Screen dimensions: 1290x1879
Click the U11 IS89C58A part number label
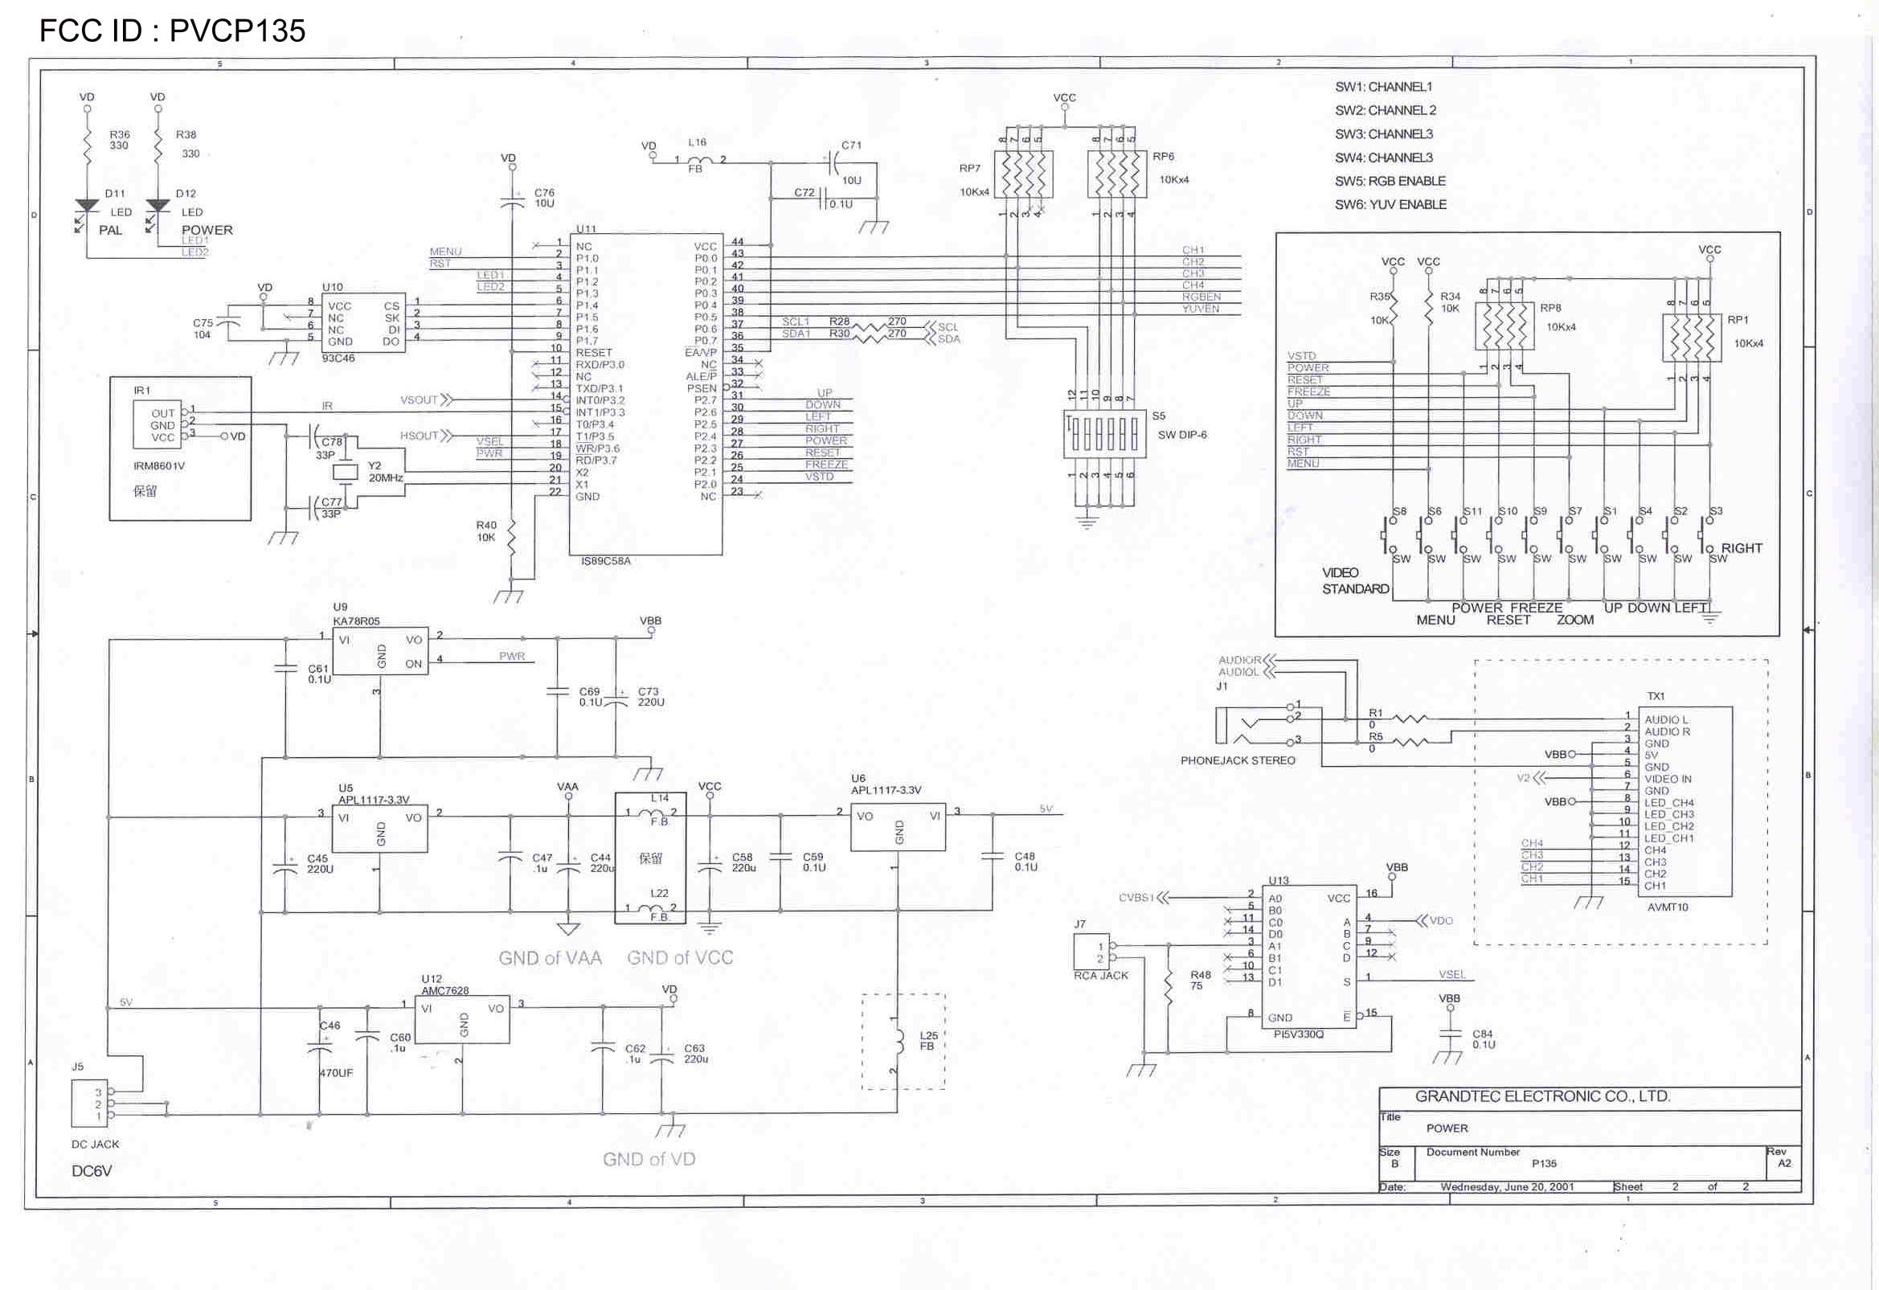click(x=606, y=561)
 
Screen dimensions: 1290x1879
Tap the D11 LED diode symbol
click(x=87, y=207)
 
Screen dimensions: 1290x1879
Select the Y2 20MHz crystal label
click(x=385, y=473)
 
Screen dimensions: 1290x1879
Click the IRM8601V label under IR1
click(x=159, y=467)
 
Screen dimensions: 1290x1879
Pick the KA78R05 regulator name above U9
click(x=356, y=621)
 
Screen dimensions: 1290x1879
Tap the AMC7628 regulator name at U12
click(x=444, y=991)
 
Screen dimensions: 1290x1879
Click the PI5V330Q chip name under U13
click(x=1299, y=1034)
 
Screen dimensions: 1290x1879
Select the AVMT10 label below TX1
click(x=1667, y=907)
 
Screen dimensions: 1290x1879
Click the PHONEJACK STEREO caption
click(x=1237, y=761)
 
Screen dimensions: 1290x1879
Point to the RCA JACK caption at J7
click(x=1100, y=977)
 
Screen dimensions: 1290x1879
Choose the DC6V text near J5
click(x=92, y=1171)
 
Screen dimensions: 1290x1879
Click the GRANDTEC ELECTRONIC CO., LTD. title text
click(x=1541, y=1097)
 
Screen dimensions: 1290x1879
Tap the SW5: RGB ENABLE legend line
click(x=1390, y=181)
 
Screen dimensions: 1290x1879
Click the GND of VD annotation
click(x=649, y=1160)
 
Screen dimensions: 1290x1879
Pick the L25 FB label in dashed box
click(x=928, y=1041)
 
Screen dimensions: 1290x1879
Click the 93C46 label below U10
click(x=338, y=358)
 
